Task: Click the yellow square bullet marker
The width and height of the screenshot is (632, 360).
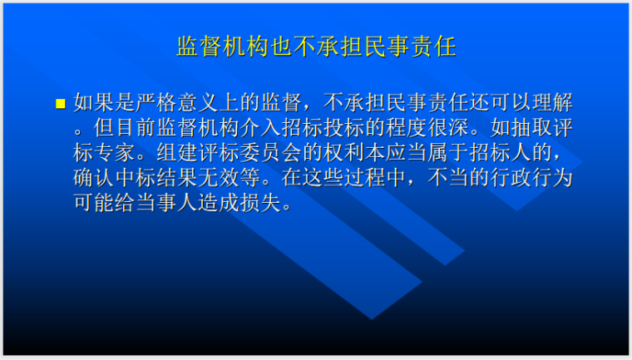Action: (x=60, y=104)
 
